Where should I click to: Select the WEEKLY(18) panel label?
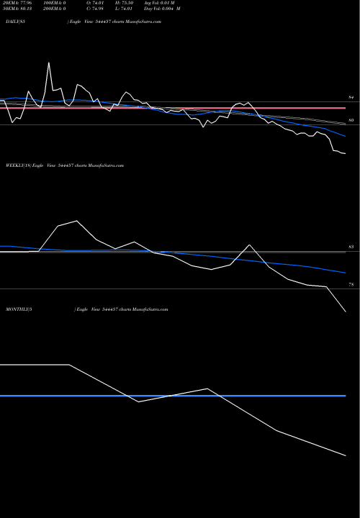[15, 165]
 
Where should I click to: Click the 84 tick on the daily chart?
[351, 96]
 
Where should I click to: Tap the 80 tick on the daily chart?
[351, 119]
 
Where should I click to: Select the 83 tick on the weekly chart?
[351, 247]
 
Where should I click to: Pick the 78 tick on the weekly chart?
[351, 286]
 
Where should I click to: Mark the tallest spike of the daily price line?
[49, 63]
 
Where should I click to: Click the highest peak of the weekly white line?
[76, 221]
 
